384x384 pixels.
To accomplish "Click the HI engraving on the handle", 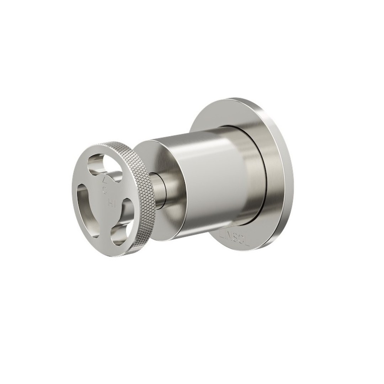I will pos(111,203).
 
